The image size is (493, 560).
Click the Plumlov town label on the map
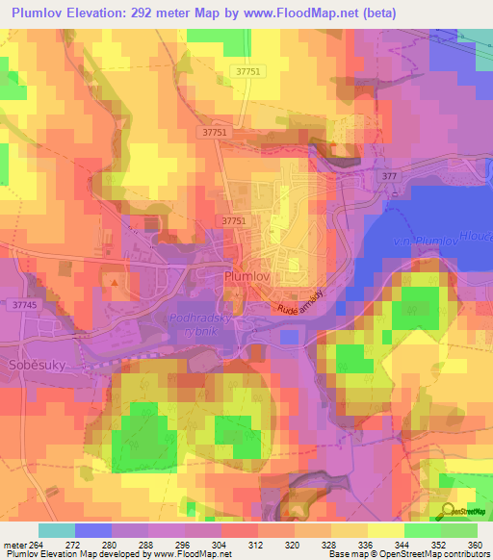point(246,275)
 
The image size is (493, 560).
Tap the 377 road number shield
point(389,178)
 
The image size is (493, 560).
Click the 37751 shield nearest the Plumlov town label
point(234,221)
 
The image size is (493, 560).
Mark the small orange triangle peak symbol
point(116,282)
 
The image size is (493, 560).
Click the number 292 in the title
point(181,12)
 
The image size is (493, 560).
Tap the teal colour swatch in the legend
point(57,530)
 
